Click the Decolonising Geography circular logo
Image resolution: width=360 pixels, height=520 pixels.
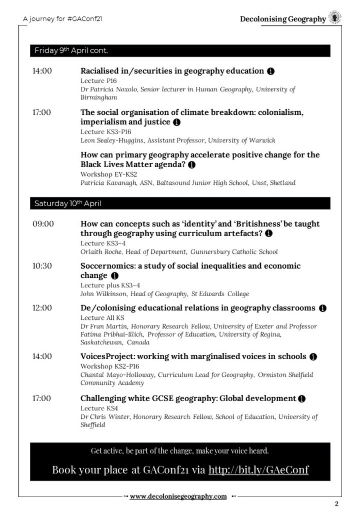(335, 18)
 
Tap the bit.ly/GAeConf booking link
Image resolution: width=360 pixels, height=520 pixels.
(258, 470)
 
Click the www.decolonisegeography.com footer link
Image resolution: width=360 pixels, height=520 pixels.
(178, 497)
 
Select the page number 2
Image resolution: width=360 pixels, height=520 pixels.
(337, 504)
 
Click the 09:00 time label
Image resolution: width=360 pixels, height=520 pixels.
(43, 224)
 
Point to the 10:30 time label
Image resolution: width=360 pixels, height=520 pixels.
(43, 266)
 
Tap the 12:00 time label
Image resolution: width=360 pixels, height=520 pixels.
(43, 308)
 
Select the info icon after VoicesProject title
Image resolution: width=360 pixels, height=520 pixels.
(313, 356)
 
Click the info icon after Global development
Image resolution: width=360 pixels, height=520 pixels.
(302, 399)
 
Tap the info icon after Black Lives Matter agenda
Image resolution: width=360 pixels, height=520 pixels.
(192, 165)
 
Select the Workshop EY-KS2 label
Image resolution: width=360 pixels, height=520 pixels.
(102, 174)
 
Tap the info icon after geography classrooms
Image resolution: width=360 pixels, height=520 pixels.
(323, 308)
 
